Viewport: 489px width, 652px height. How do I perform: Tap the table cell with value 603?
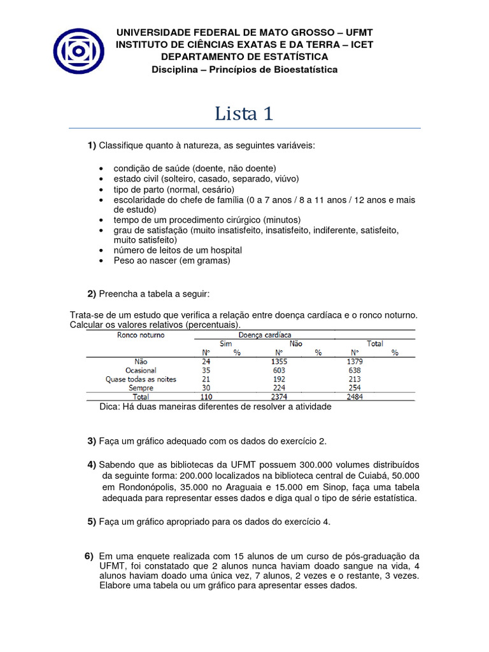(x=279, y=371)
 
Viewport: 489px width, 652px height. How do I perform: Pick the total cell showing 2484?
(x=355, y=397)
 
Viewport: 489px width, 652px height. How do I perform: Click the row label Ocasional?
(x=141, y=371)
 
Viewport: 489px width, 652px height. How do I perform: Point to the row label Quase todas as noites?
(x=141, y=379)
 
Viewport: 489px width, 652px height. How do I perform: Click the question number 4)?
(x=92, y=464)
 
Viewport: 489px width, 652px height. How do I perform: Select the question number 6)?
(x=89, y=556)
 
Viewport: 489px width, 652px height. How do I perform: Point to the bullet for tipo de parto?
(x=103, y=190)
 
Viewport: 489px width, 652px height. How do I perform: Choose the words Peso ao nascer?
(x=149, y=260)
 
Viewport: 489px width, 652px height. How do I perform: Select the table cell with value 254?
(x=355, y=388)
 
